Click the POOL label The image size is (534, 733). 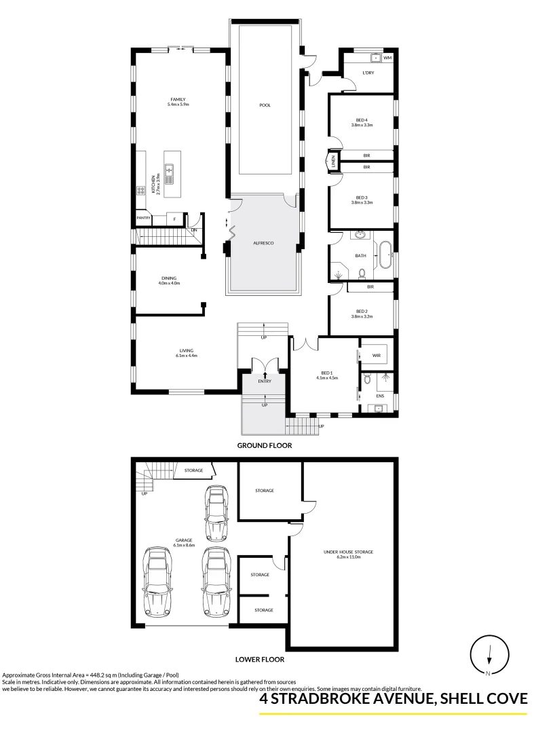coord(265,105)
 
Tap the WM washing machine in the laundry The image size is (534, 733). coord(387,58)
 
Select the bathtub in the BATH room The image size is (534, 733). coord(385,256)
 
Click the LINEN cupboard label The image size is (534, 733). coord(333,162)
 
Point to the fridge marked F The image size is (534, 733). coord(174,219)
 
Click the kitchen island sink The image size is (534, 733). coord(168,174)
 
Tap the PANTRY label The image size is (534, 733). coord(143,218)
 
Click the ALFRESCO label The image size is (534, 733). coord(263,242)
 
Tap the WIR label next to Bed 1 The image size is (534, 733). coord(377,355)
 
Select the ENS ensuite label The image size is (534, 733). coord(380,396)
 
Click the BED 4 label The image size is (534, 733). coord(362,120)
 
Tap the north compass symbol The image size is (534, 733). coord(489,655)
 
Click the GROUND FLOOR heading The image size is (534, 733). coord(264,446)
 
